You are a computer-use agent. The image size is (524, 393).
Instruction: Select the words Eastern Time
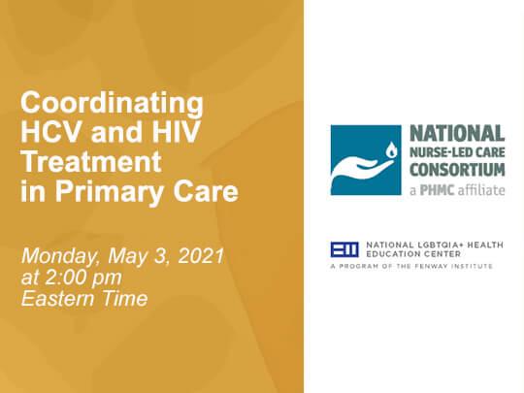(x=84, y=298)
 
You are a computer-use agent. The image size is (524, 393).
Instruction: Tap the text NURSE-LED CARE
(x=457, y=152)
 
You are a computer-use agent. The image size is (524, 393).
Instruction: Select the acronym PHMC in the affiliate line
(x=437, y=190)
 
